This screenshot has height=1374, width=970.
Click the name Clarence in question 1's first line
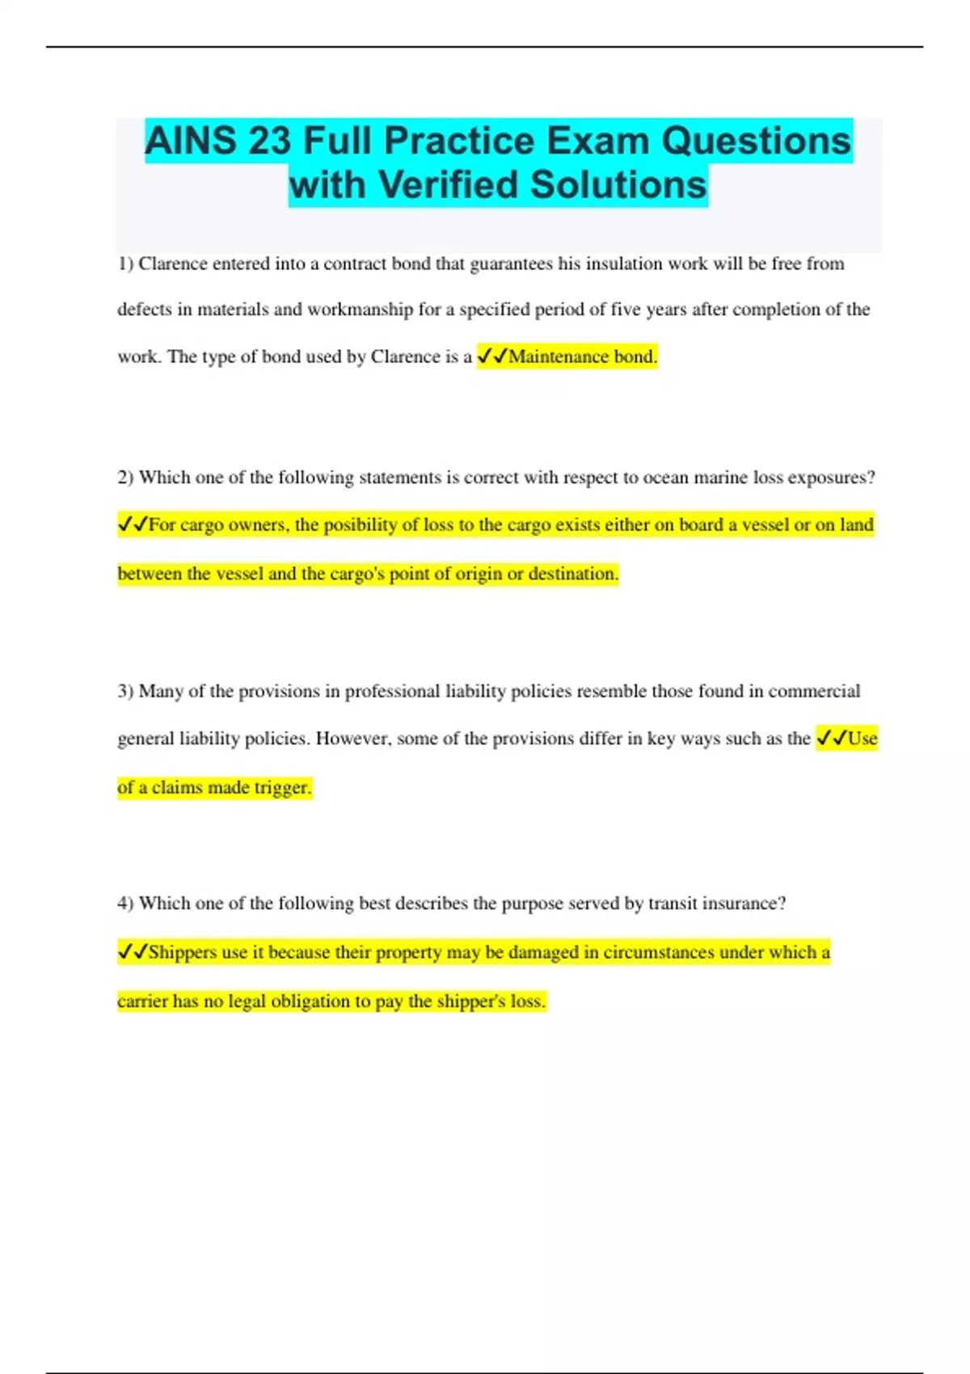tap(173, 264)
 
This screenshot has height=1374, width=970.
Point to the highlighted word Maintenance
tap(558, 356)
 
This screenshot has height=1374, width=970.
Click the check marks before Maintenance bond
tap(491, 356)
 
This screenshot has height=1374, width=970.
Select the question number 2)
tap(125, 478)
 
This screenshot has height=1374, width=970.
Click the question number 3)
tap(125, 692)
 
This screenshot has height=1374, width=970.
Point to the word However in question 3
tap(352, 739)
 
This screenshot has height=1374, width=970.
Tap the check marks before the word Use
tap(831, 739)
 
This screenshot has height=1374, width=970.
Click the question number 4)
tap(125, 904)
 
